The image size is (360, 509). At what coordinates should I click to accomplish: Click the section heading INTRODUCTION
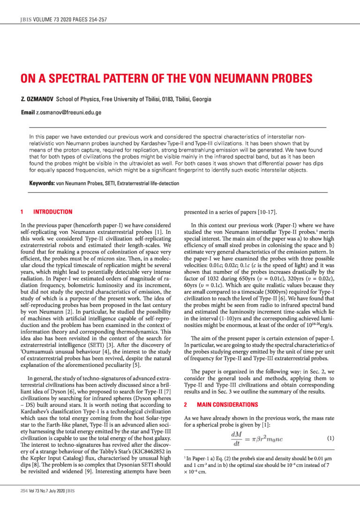[x=52, y=212]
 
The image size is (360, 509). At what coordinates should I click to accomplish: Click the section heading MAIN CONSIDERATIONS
[x=220, y=404]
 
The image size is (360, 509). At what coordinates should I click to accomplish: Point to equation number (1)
[x=329, y=438]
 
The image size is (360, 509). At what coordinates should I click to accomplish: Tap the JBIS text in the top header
[x=25, y=20]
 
